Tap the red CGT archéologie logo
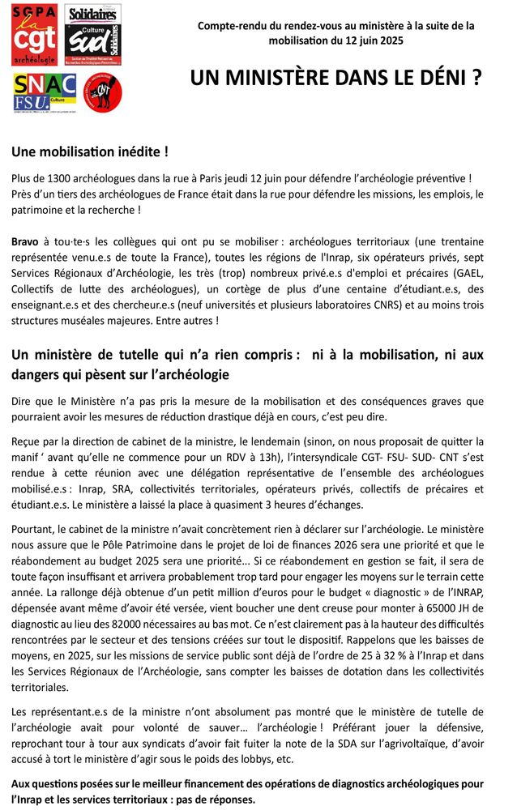point(33,35)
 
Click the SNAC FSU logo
point(44,93)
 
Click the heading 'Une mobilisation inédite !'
point(79,151)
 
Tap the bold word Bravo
point(26,241)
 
